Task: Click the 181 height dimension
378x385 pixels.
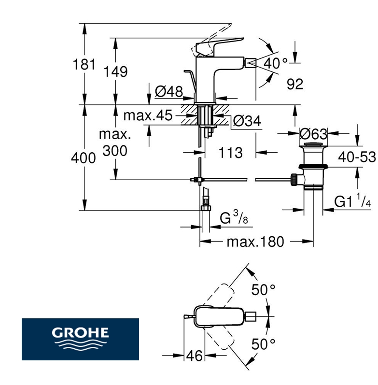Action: click(x=84, y=64)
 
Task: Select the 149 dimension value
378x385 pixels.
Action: click(x=116, y=72)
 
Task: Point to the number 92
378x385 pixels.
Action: click(x=294, y=84)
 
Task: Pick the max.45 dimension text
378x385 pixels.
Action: click(x=148, y=115)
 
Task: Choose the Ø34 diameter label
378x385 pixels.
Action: click(x=246, y=121)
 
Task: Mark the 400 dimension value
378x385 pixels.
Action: click(x=84, y=158)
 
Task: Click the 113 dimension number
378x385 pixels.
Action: click(x=230, y=153)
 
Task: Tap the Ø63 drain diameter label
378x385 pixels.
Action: click(x=313, y=133)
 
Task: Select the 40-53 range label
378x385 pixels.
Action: click(x=356, y=157)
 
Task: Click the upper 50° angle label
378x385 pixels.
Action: click(x=263, y=290)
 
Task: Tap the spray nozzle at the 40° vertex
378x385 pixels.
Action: click(x=251, y=62)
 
